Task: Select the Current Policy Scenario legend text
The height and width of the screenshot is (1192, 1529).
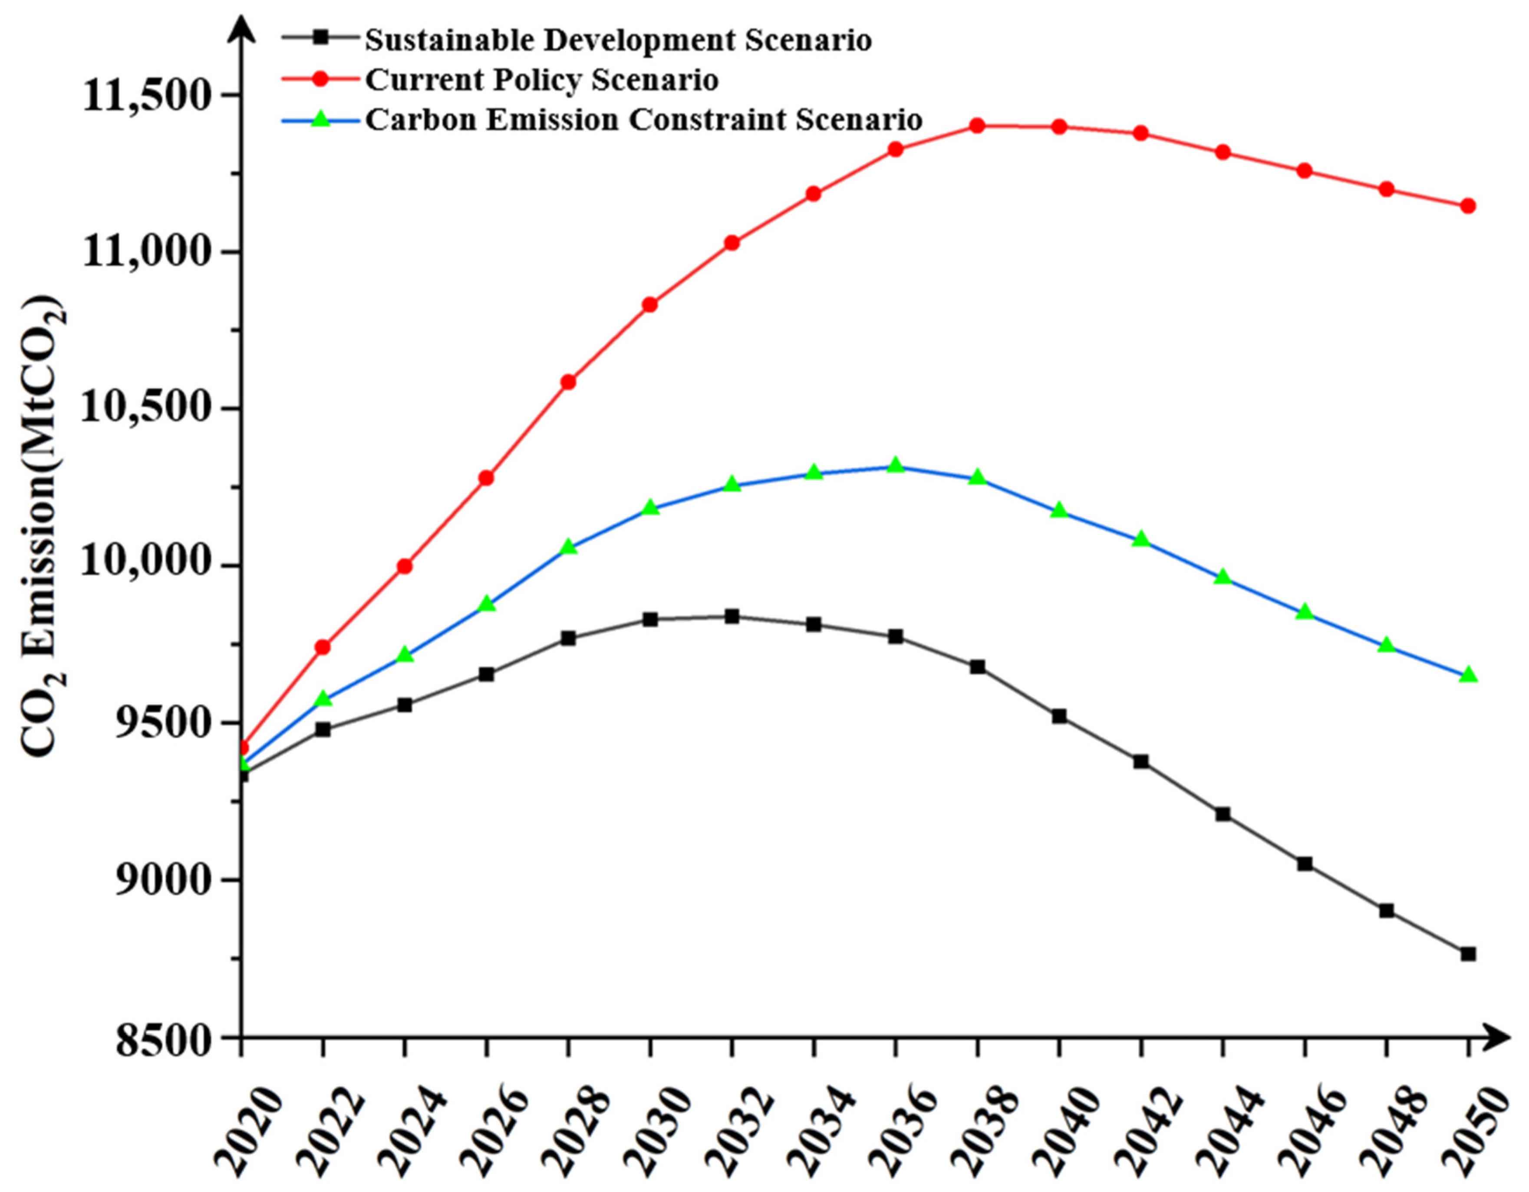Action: (542, 80)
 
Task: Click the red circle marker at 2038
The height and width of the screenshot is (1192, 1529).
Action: (977, 126)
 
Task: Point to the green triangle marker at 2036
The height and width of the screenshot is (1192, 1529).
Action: (896, 465)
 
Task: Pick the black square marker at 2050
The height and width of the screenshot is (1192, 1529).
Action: (1468, 954)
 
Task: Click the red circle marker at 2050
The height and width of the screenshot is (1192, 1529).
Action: (1468, 206)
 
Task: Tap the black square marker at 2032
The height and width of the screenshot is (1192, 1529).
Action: (732, 617)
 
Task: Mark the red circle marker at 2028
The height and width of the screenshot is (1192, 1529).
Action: (568, 382)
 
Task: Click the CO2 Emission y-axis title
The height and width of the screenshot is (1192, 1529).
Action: (43, 525)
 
